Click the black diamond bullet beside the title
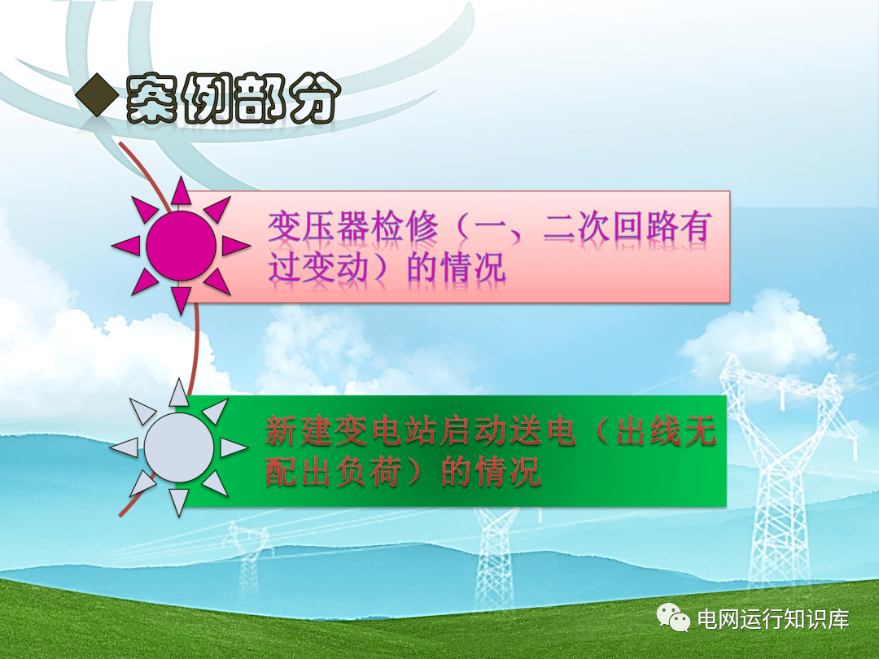tap(97, 94)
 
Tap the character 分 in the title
tap(315, 98)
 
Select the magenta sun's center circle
tap(181, 246)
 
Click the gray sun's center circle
tap(179, 447)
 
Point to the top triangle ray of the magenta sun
tap(181, 191)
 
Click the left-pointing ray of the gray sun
tap(125, 447)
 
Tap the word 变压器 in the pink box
tap(319, 227)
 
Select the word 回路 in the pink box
tap(645, 227)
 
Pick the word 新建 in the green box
tap(299, 431)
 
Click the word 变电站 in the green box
tap(386, 431)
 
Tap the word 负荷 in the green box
tap(369, 471)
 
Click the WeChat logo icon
tap(673, 618)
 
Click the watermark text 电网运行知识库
tap(773, 619)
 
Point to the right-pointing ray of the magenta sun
tap(236, 246)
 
